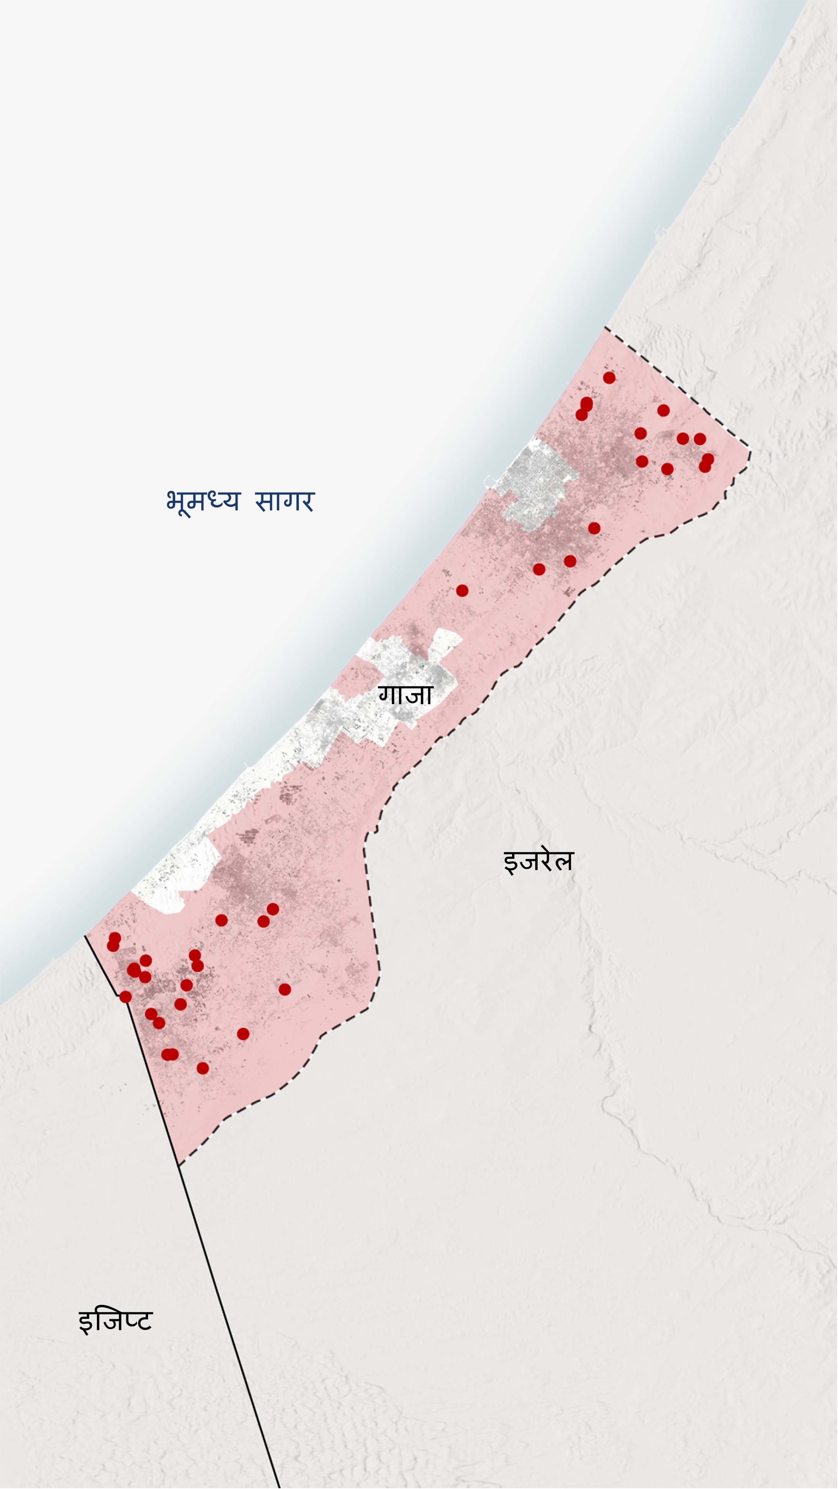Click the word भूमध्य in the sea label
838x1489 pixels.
click(x=202, y=501)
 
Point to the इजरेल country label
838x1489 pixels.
click(x=538, y=861)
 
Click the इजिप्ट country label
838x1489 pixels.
click(x=115, y=1321)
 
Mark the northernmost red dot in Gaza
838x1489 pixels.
click(x=609, y=377)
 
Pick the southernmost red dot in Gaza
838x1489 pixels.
click(x=202, y=1068)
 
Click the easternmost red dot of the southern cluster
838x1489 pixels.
click(x=285, y=989)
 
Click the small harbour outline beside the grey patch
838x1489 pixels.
click(x=490, y=480)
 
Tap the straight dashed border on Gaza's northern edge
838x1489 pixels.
click(x=676, y=387)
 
